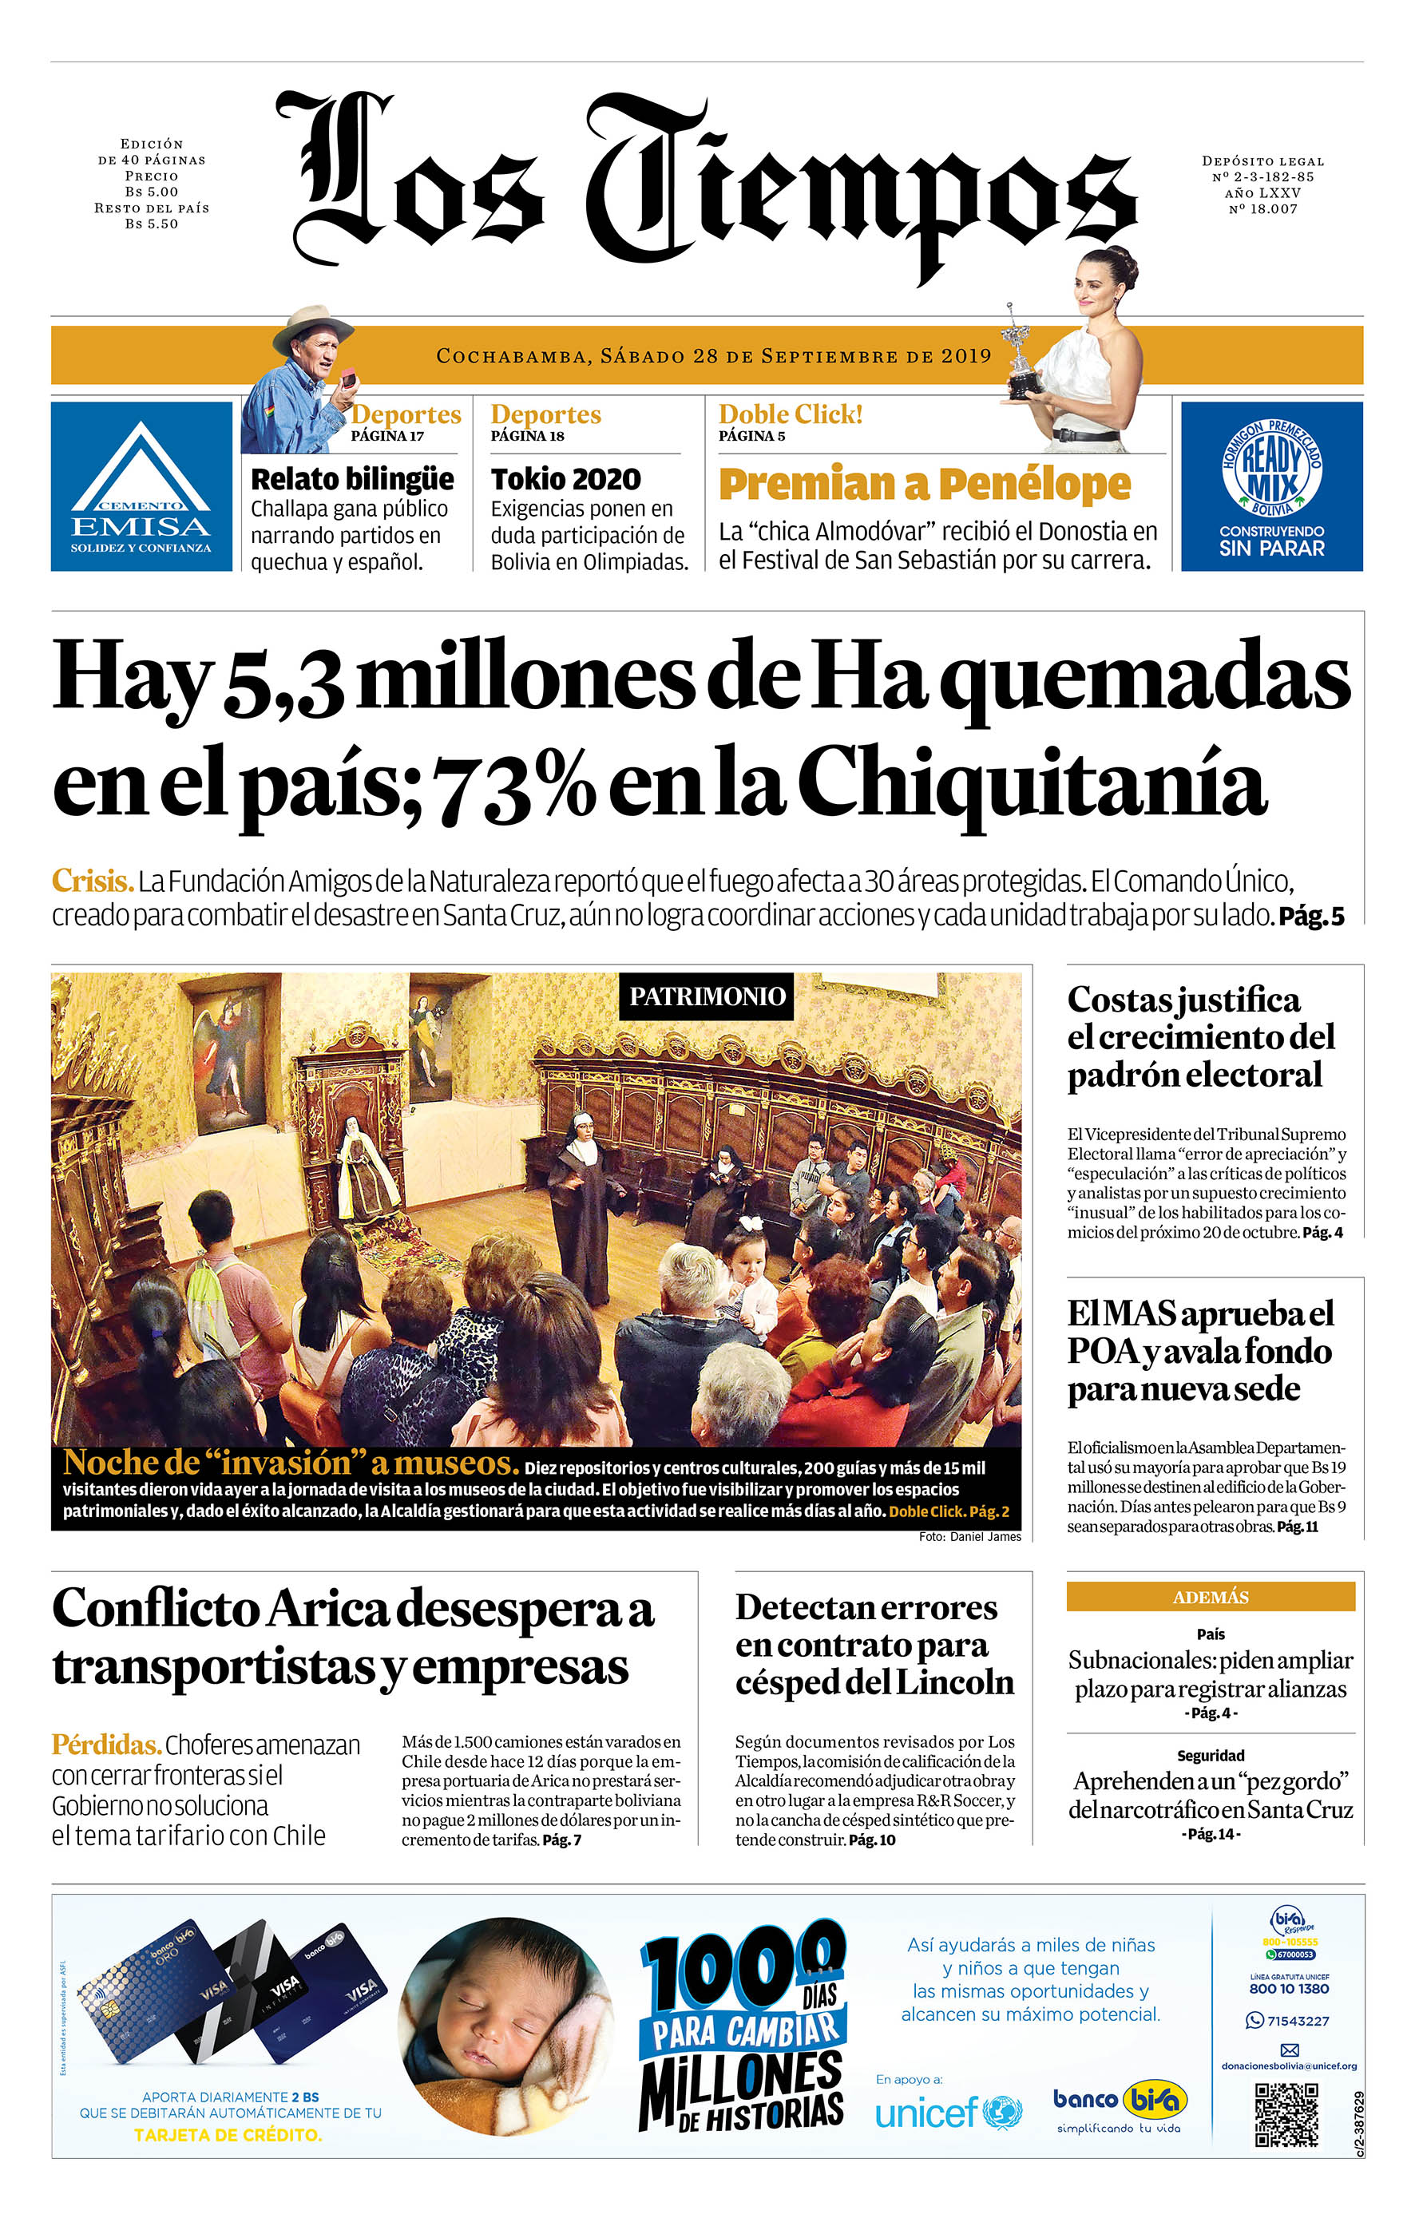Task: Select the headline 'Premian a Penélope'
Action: click(924, 484)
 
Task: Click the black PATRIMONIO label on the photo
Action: click(706, 996)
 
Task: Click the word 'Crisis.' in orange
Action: click(93, 881)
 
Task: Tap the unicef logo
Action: click(948, 2113)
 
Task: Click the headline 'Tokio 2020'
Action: click(566, 480)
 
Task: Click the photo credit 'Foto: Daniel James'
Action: click(969, 1537)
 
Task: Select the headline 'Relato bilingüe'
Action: click(353, 480)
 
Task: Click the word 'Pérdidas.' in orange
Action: click(106, 1745)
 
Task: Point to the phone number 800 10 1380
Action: click(1289, 1989)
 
